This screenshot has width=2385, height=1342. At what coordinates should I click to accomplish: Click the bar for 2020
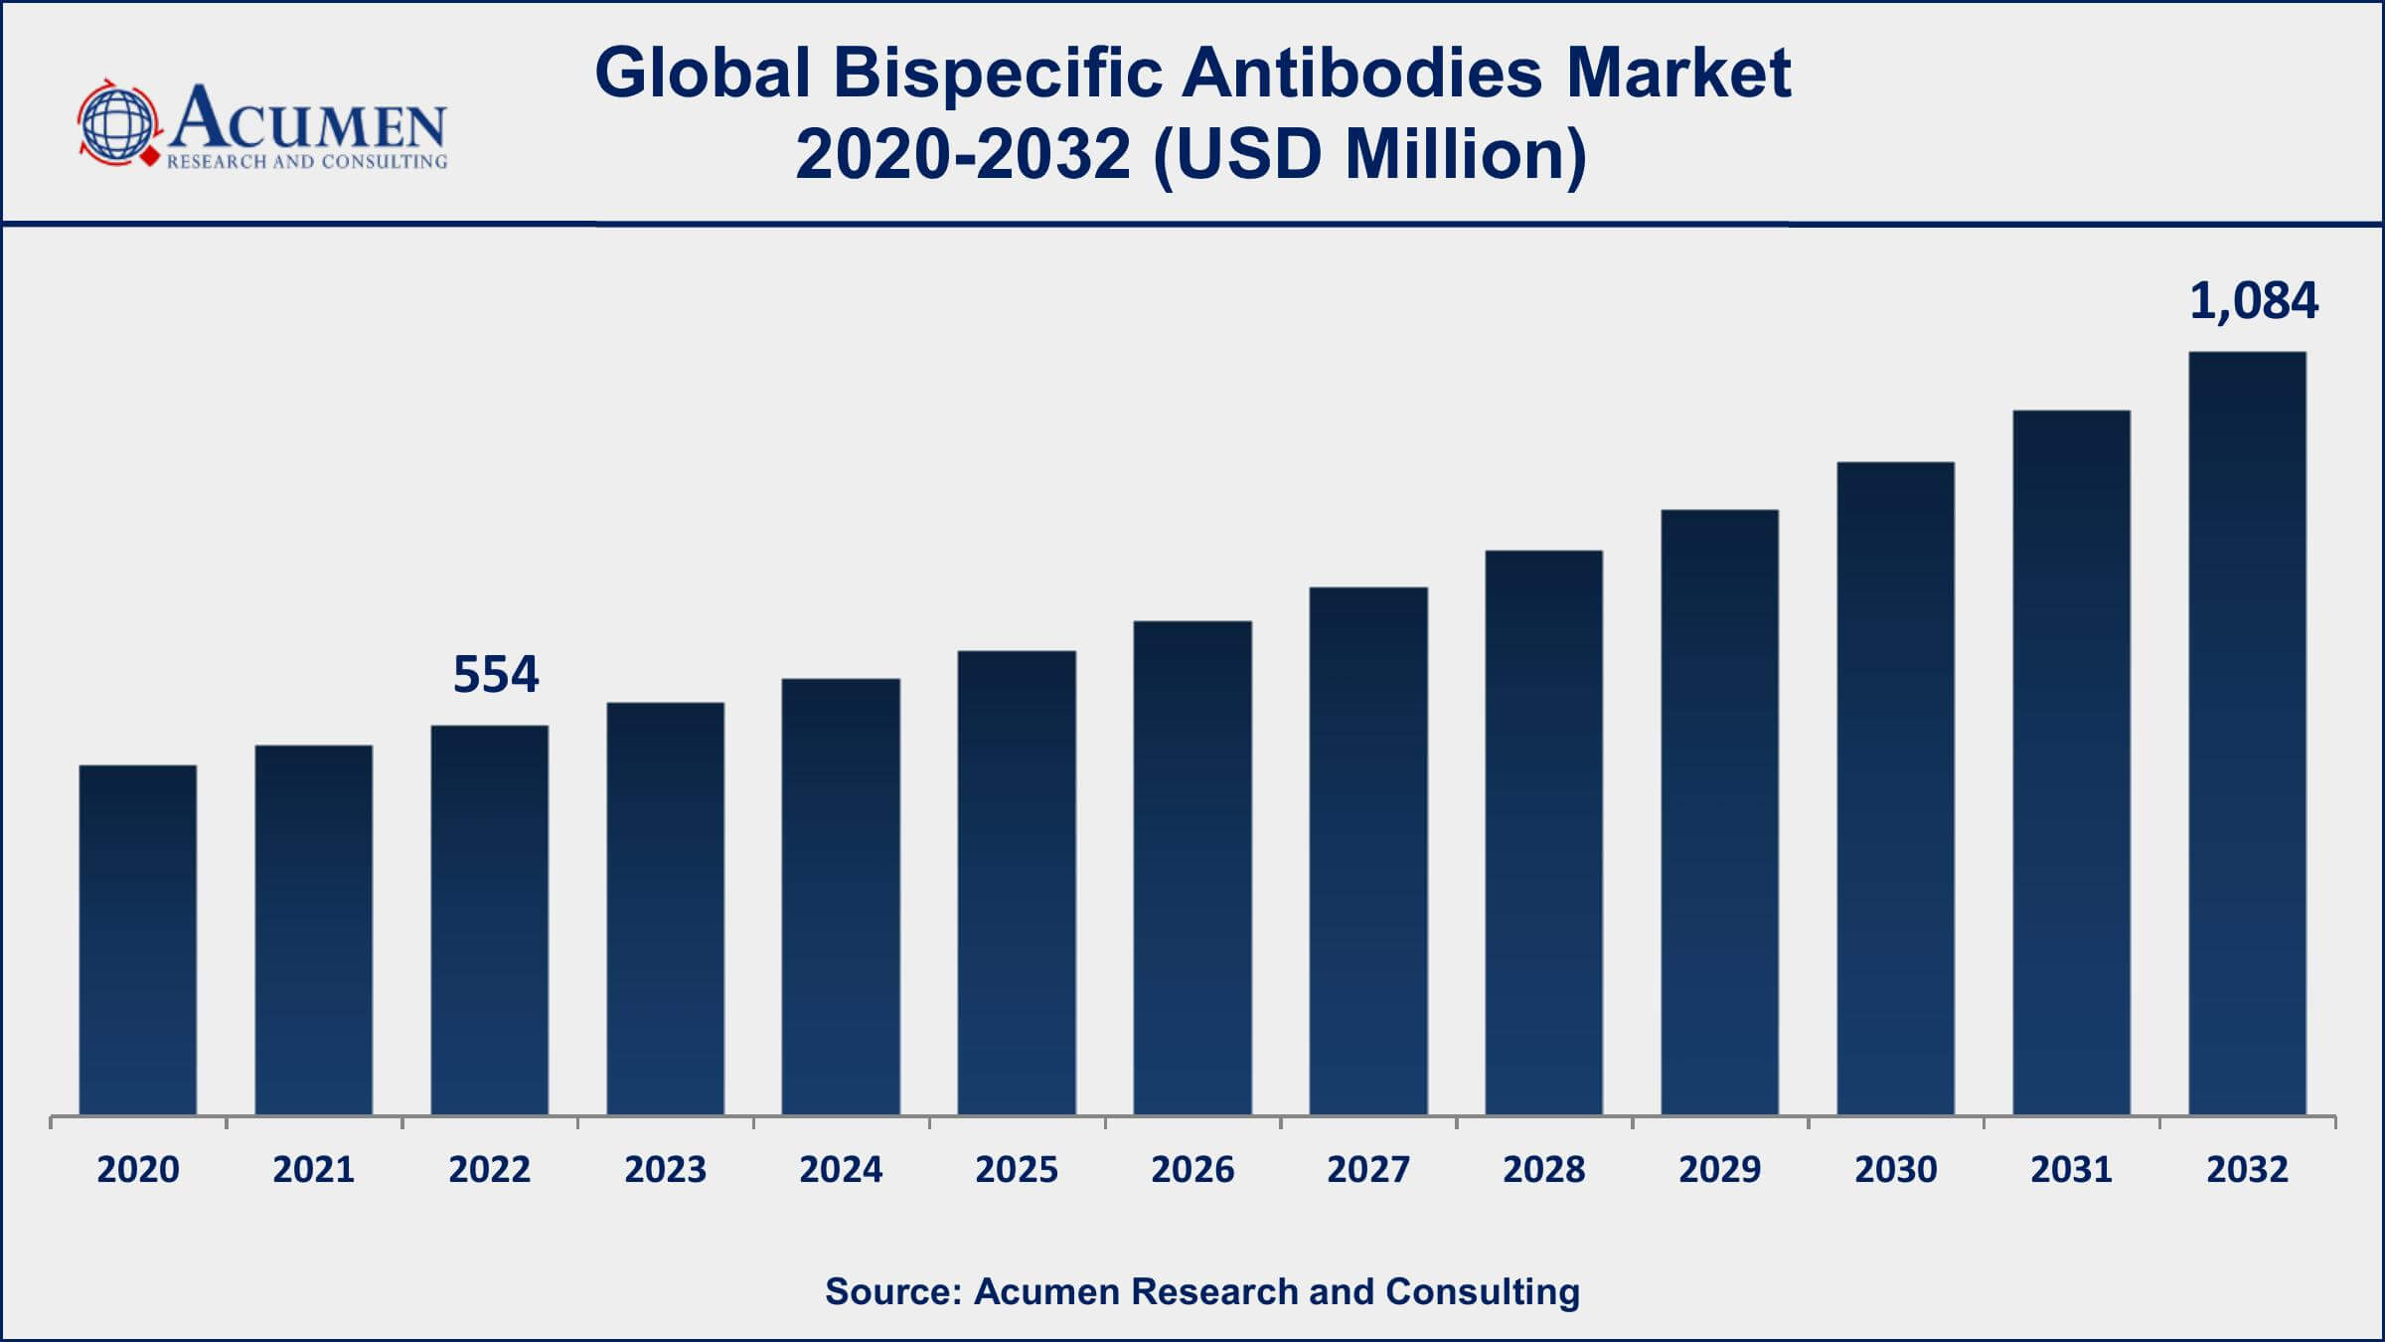tap(138, 939)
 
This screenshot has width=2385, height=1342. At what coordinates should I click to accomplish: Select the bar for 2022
tap(490, 920)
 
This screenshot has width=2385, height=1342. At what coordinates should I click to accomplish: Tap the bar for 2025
tap(1017, 883)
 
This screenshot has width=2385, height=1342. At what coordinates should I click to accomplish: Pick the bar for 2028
tap(1544, 832)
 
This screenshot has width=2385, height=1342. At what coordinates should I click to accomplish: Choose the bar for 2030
tap(1895, 788)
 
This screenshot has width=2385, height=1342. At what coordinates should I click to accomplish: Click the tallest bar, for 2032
tap(2247, 733)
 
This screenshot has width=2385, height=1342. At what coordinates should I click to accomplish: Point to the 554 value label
tap(496, 675)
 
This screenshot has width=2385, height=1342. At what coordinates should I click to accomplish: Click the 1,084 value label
tap(2254, 301)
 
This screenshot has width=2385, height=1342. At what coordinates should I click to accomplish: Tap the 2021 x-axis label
tap(314, 1170)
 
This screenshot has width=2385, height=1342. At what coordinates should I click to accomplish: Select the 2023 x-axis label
tap(665, 1170)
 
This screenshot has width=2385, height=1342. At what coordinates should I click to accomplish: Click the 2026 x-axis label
tap(1192, 1170)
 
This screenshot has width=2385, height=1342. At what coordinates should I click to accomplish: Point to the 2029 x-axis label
tap(1719, 1170)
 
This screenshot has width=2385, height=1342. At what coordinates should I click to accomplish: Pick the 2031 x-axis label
tap(2071, 1170)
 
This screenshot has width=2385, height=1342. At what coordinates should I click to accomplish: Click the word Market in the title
tap(1678, 74)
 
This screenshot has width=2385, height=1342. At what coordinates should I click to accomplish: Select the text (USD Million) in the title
tap(1369, 156)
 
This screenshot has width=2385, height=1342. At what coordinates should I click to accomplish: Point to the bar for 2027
tap(1368, 851)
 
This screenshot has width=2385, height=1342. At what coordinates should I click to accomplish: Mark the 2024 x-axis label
tap(841, 1170)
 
